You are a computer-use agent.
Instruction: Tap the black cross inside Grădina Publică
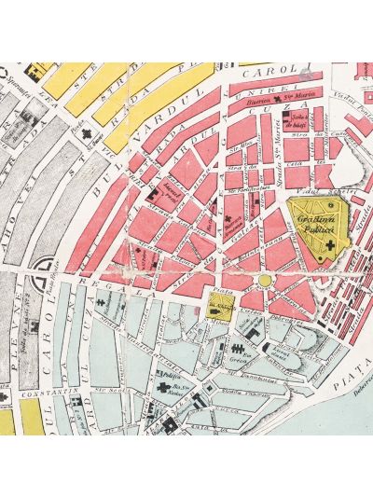click(328, 245)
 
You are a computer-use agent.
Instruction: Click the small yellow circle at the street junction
click(265, 280)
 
